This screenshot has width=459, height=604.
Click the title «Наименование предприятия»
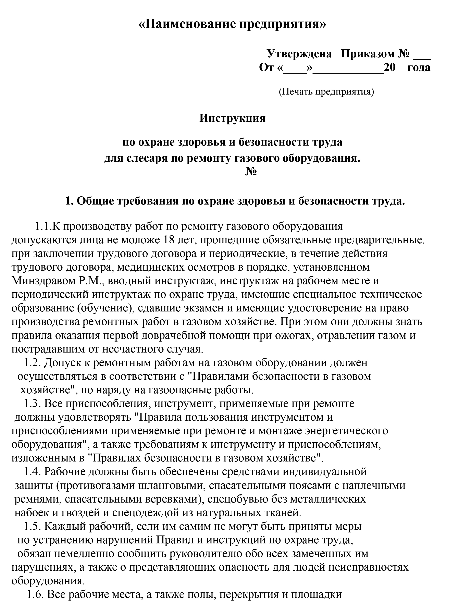point(232,24)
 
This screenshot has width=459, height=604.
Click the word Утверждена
point(299,54)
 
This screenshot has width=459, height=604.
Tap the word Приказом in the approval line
point(368,54)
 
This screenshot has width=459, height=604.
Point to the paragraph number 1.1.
point(43,226)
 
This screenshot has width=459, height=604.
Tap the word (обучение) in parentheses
point(105,308)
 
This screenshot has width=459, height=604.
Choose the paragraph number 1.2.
point(32,363)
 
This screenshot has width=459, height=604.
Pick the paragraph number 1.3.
point(32,404)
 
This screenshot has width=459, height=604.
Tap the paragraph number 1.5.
point(32,526)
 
